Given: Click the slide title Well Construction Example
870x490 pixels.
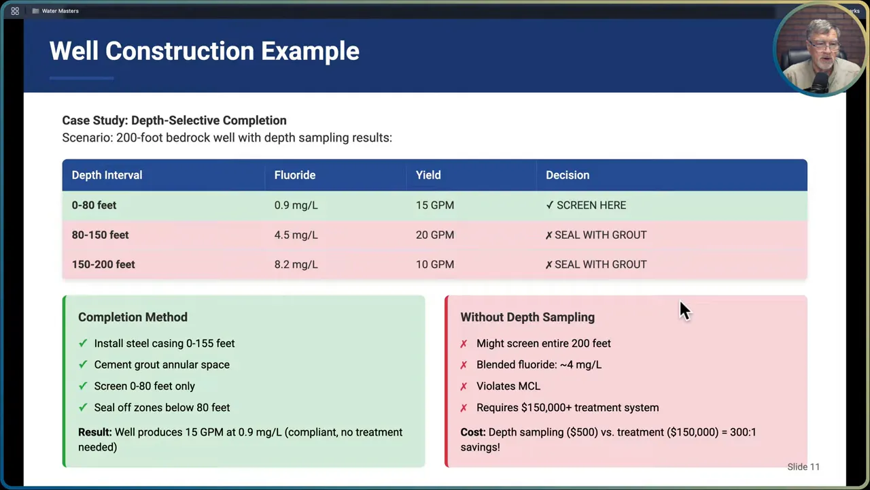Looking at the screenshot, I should pos(204,51).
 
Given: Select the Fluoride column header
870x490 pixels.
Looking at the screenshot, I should pos(294,175).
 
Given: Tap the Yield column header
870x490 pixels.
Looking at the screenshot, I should pos(428,175).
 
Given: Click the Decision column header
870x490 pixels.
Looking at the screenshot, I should pos(567,175).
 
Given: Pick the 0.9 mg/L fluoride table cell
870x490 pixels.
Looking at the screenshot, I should pos(296,205).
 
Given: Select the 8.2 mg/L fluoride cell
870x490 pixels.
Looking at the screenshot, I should pos(296,264).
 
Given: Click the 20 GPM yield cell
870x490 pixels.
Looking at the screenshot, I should pos(434,235).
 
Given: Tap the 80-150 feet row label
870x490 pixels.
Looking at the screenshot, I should pos(100,235).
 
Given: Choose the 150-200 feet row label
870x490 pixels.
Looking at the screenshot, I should pos(103,264).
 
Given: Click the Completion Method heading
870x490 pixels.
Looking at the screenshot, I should pos(133,317).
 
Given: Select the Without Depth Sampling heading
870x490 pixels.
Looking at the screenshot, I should pos(527,317).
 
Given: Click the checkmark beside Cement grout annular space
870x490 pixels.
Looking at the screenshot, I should pos(83,365).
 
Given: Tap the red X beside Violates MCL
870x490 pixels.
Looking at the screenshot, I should pos(464,387).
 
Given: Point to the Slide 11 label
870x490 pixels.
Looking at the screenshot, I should pos(803,467).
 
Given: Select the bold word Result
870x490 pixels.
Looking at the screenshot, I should pos(94,432).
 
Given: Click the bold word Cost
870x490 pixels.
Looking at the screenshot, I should pos(472,432).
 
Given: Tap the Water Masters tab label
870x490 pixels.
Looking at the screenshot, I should pos(60,11).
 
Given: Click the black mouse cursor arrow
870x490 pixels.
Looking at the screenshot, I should pos(684,310).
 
